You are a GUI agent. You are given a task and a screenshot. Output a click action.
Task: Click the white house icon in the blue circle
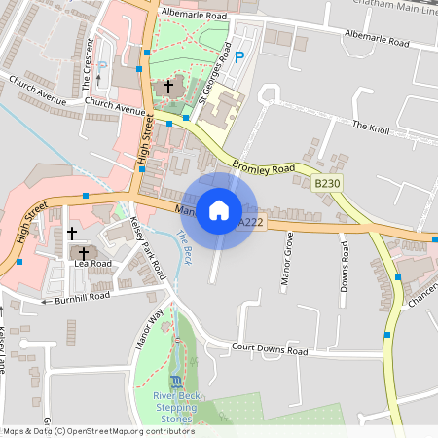tap(219, 209)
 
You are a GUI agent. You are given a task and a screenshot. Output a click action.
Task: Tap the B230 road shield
tap(328, 183)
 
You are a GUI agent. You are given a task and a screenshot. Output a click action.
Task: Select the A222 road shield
tap(251, 223)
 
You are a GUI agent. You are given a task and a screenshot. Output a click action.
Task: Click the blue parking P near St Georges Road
tap(240, 58)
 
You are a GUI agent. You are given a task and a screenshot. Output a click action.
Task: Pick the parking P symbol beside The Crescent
tap(102, 67)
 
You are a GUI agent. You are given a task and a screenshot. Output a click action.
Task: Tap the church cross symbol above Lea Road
tap(72, 234)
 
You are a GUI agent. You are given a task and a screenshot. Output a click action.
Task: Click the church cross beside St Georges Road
tap(168, 87)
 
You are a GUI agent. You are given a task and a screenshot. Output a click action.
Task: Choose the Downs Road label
tap(345, 261)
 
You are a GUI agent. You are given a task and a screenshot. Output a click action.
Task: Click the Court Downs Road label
tap(270, 350)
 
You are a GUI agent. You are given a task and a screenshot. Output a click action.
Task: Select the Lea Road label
tap(92, 263)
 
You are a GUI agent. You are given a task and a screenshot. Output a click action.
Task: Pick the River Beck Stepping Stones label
tap(176, 409)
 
